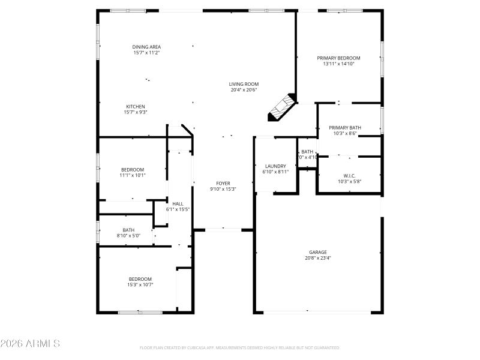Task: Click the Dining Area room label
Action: (x=146, y=47)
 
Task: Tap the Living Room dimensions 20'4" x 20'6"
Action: (x=244, y=90)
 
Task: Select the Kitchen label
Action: (x=135, y=106)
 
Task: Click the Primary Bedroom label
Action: (x=338, y=58)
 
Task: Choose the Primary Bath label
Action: (x=345, y=127)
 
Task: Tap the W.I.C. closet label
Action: (x=349, y=175)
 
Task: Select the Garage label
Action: (x=318, y=252)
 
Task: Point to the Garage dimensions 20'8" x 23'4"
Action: (x=318, y=258)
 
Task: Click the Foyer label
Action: (x=223, y=183)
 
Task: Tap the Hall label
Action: (x=178, y=203)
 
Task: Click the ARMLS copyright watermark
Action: (x=30, y=344)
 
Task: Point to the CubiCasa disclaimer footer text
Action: (x=240, y=347)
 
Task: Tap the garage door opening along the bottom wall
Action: (x=317, y=312)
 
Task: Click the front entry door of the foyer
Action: (x=223, y=229)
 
